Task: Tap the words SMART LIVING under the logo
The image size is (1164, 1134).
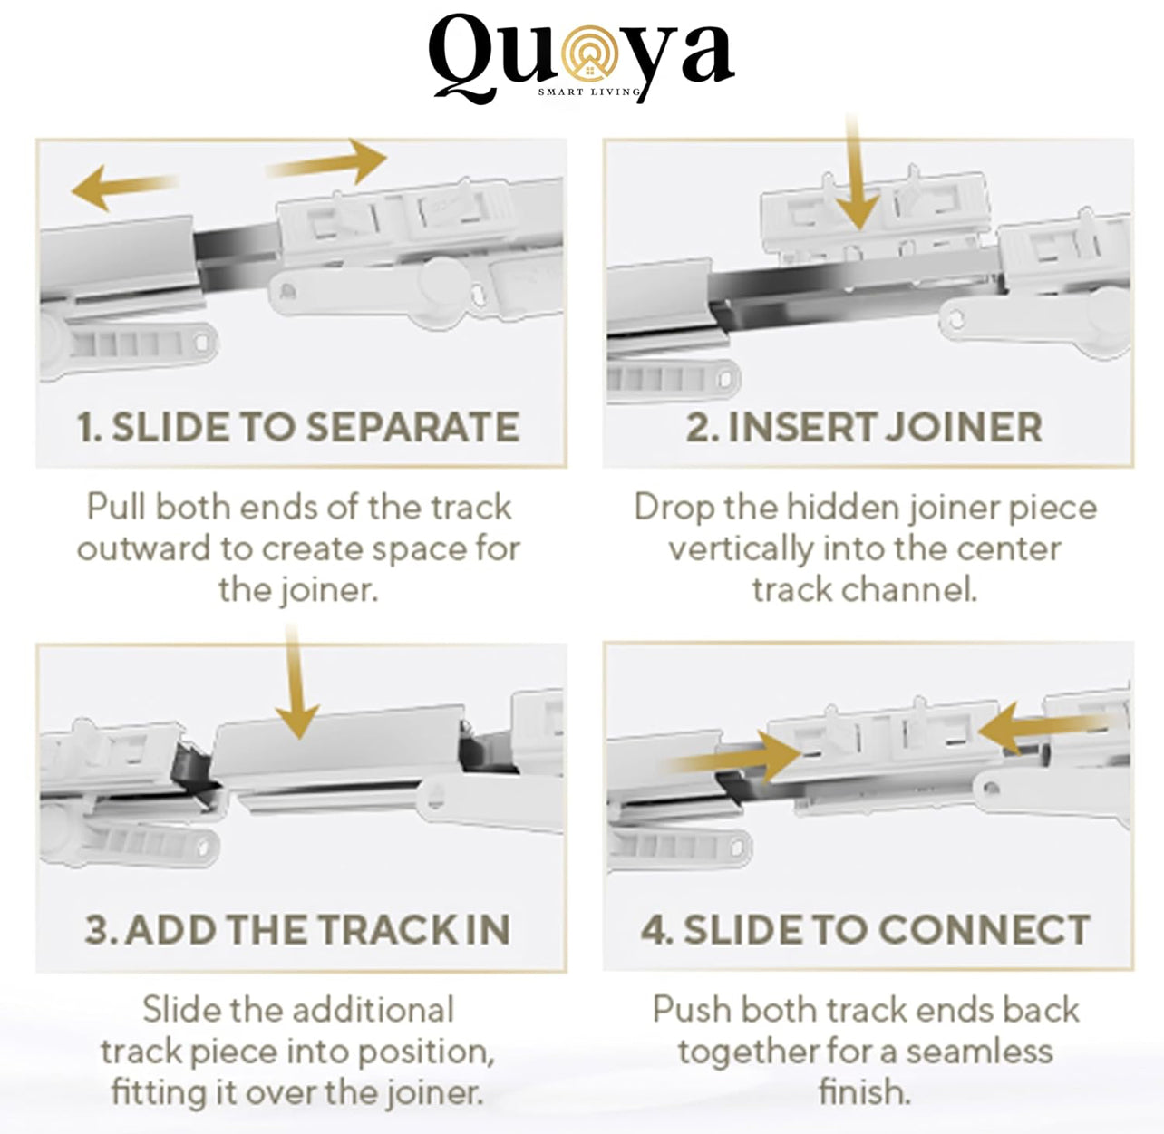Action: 590,92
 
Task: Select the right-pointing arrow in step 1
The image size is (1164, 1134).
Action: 326,162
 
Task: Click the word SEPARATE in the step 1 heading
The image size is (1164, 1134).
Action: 412,427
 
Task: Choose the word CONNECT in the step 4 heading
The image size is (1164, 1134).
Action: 985,930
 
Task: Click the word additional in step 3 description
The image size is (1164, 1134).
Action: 373,1010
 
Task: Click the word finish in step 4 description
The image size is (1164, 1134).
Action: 864,1092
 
